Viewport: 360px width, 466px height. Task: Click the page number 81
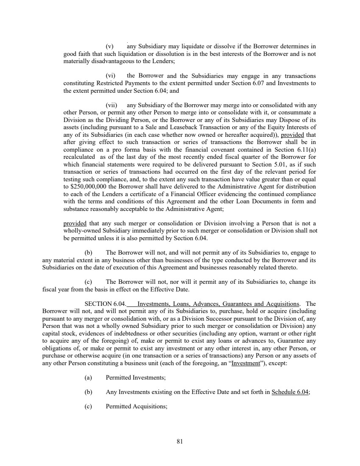point(179,441)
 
